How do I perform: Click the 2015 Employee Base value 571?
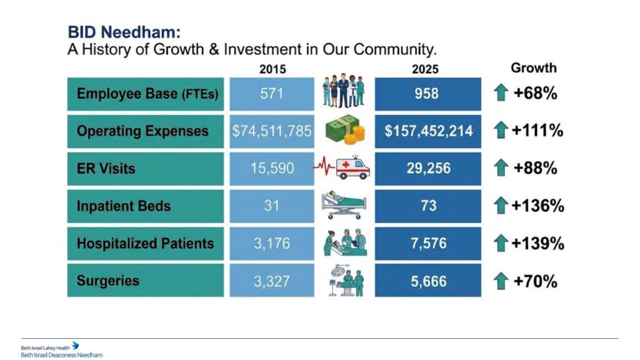271,94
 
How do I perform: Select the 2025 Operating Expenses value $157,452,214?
429,131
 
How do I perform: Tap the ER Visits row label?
106,169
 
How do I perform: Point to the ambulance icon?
352,167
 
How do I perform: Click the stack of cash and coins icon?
345,130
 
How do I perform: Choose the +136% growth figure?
537,206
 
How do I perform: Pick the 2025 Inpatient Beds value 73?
429,206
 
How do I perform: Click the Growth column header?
534,67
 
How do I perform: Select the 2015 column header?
272,69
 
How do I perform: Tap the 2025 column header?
425,69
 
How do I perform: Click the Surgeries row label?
107,281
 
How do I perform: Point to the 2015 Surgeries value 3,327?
272,281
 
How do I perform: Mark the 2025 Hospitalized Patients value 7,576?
429,244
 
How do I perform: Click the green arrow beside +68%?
501,92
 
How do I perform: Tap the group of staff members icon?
343,91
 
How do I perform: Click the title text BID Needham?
124,32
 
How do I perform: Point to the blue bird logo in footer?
76,346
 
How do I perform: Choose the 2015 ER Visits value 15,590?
272,169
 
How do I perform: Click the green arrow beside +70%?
501,281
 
